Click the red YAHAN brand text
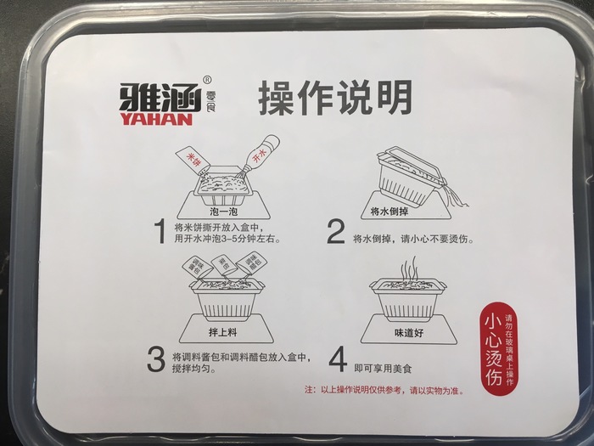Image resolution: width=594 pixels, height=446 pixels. [x=156, y=120]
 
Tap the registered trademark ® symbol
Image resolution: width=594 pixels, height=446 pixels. [x=208, y=80]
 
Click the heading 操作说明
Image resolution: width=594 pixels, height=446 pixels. [x=335, y=97]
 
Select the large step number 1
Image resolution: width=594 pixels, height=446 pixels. [x=161, y=231]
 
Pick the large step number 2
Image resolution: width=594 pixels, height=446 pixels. [x=336, y=231]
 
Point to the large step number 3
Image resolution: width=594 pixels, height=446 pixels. [x=156, y=360]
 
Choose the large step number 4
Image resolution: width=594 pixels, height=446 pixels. [x=338, y=360]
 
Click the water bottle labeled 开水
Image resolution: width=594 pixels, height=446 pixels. [x=260, y=155]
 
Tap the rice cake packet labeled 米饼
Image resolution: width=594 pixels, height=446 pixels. [x=193, y=161]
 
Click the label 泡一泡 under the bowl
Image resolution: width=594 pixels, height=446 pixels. [x=224, y=211]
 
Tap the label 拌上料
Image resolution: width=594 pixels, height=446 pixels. [x=222, y=332]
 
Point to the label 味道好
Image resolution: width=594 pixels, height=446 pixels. [x=409, y=333]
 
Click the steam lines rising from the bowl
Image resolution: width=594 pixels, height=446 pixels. [x=409, y=268]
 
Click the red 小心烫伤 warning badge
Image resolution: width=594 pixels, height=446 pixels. [x=499, y=348]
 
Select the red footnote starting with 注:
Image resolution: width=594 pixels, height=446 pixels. [x=384, y=390]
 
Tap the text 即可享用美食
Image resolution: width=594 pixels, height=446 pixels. [x=383, y=368]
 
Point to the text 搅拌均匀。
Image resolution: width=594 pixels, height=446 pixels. [x=194, y=368]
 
